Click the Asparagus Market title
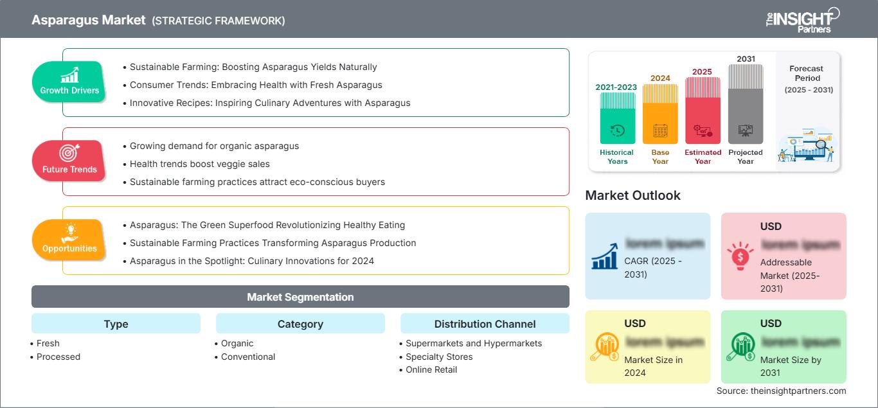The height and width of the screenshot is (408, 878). pos(89,20)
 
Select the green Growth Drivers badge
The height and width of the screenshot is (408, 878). pos(69,82)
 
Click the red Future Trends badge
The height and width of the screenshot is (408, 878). pos(69,161)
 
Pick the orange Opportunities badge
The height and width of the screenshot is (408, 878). pos(69,240)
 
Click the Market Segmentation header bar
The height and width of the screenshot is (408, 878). pos(300,297)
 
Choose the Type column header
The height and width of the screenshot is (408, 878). pos(116,324)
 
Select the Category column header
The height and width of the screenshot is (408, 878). pos(300,324)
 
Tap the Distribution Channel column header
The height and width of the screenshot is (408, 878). pos(485,324)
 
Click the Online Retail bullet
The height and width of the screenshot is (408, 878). pos(431,369)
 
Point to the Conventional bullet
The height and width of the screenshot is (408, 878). pos(248,357)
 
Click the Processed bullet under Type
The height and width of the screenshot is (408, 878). pos(58,357)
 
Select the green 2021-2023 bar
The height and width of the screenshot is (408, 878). pos(617,118)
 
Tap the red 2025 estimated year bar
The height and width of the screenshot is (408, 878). pos(703,110)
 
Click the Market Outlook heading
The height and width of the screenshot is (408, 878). pos(632,195)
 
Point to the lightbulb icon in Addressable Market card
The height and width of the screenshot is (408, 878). pos(739,256)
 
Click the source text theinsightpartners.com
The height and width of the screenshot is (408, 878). pos(781,391)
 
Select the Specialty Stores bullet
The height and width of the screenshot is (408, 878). pos(439,357)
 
